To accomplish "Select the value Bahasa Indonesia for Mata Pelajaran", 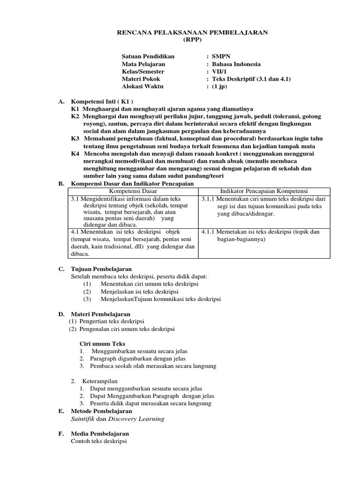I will point(236,64).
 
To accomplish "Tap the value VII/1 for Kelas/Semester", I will point(219,71).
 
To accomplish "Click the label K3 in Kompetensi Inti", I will point(75,139).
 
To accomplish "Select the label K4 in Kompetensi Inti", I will point(75,154).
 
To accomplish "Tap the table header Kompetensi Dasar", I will point(133,191).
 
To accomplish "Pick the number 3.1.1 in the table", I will point(209,199).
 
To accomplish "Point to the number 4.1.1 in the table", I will point(209,232).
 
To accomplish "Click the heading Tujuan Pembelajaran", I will point(101,269).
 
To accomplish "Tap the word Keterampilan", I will point(100,381).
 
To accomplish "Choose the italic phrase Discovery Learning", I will point(141,419).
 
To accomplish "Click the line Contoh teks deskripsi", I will point(98,441).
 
